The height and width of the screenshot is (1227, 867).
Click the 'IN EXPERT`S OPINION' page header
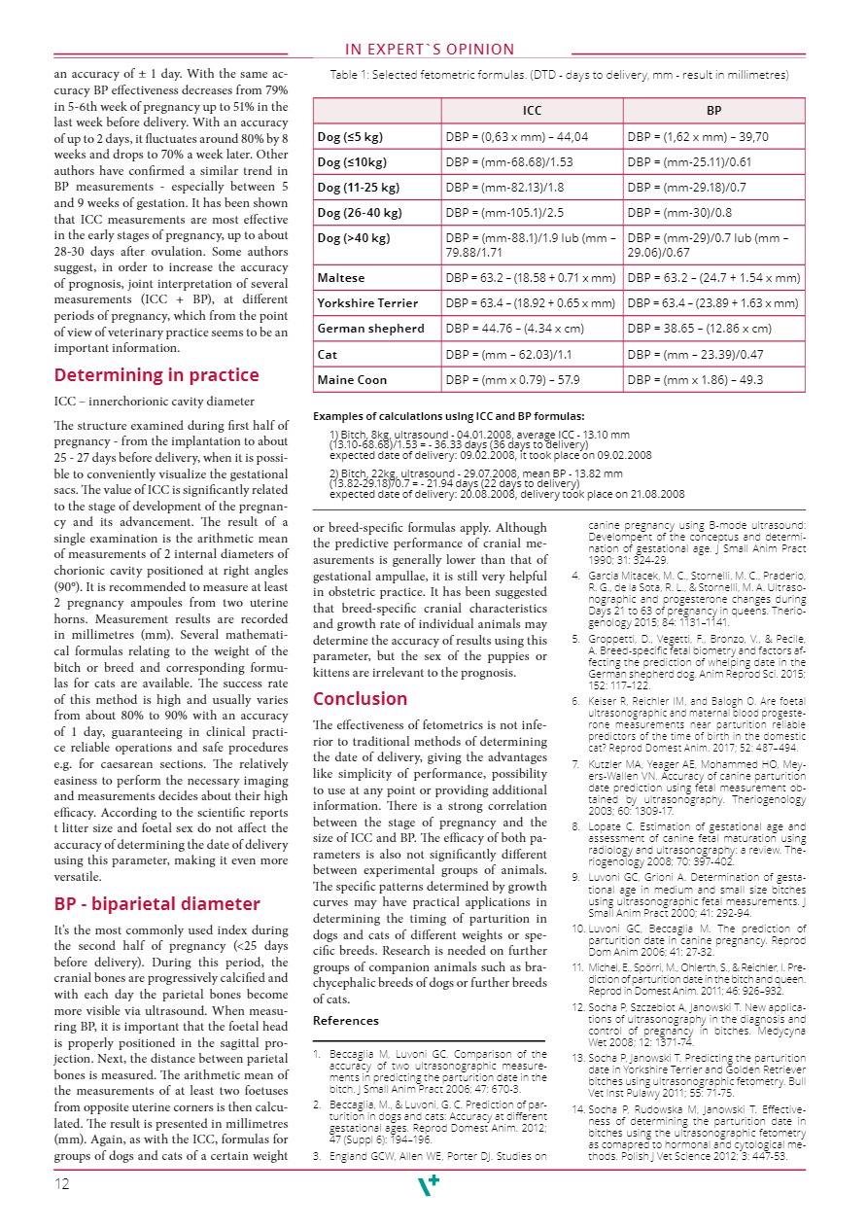(430, 50)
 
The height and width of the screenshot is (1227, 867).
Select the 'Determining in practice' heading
(156, 375)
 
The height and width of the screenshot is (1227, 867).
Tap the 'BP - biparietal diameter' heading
(156, 903)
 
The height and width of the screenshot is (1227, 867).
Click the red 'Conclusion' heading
(360, 698)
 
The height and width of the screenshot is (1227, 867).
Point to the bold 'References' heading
(345, 1020)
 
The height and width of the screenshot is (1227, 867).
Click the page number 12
(63, 1183)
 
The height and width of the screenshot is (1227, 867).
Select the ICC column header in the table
(532, 111)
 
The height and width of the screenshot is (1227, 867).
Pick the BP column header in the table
(714, 111)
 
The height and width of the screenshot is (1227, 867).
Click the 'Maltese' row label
(341, 278)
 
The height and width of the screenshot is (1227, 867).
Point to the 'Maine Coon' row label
(352, 379)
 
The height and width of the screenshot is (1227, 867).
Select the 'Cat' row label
(329, 354)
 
